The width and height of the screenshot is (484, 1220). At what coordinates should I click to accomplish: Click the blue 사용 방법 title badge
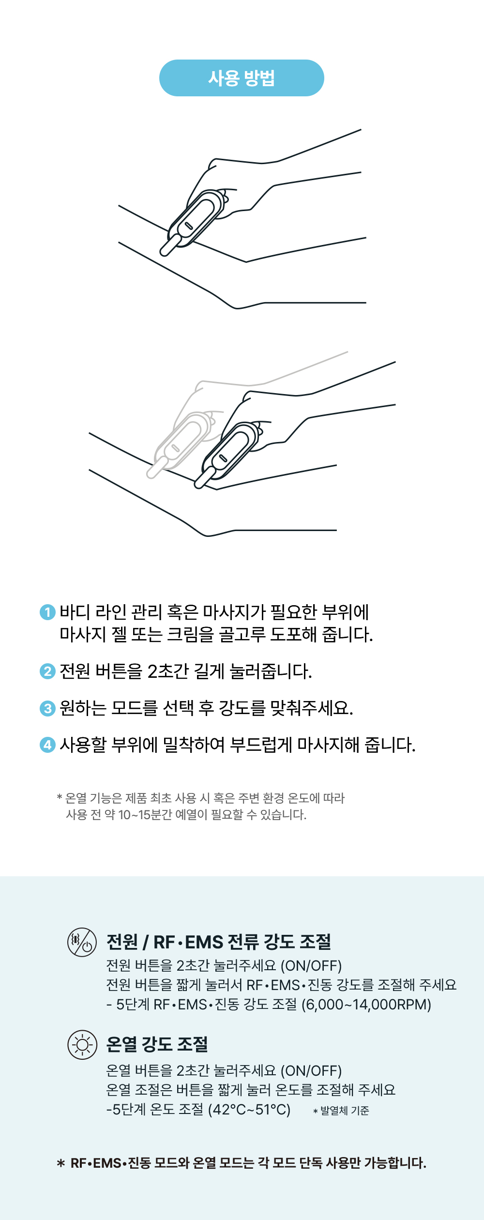click(242, 78)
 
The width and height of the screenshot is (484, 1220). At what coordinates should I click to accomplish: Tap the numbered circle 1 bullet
click(47, 612)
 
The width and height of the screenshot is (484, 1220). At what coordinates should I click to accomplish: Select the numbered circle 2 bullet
click(47, 671)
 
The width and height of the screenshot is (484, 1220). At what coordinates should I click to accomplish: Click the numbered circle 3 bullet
click(47, 708)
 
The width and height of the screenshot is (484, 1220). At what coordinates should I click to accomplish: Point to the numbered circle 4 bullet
click(47, 745)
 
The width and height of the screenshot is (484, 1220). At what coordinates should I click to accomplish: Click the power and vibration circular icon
click(82, 942)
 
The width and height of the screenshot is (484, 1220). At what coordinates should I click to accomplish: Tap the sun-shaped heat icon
click(82, 1045)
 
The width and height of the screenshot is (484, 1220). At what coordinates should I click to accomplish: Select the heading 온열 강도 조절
click(157, 1044)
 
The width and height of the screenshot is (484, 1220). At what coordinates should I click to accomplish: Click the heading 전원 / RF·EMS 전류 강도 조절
click(219, 942)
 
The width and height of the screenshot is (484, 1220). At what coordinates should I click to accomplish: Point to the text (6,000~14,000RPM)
click(366, 1005)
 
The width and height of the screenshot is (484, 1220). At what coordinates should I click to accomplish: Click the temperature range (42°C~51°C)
click(249, 1109)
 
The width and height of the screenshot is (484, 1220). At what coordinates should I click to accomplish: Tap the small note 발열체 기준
click(345, 1111)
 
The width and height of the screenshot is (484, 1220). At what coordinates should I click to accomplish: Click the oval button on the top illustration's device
click(189, 226)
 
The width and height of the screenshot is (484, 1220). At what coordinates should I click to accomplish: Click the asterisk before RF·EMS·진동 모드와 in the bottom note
click(61, 1163)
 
